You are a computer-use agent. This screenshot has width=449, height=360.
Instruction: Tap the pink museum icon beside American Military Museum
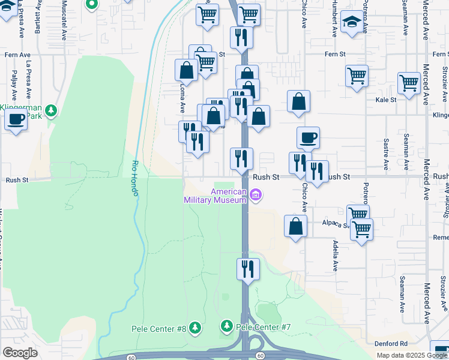click(x=256, y=196)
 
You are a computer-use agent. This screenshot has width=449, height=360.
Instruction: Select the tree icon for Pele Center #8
click(x=194, y=328)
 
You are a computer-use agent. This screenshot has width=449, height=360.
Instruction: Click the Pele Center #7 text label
click(x=264, y=327)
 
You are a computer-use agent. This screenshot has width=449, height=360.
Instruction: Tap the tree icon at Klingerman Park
click(x=52, y=110)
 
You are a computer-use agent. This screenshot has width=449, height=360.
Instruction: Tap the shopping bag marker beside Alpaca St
click(x=295, y=226)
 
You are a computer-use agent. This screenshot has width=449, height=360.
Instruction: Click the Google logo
click(x=20, y=353)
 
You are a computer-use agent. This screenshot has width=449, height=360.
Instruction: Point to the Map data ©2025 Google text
click(x=412, y=355)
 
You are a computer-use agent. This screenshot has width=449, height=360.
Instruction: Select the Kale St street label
click(x=386, y=100)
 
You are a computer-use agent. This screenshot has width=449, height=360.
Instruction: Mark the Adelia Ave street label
click(x=335, y=256)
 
